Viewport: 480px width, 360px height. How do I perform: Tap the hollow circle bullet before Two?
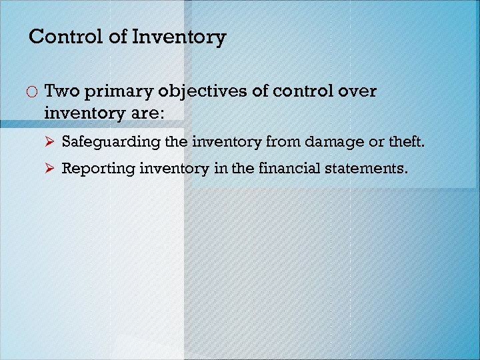click(32, 92)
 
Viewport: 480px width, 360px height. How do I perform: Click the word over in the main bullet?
click(356, 91)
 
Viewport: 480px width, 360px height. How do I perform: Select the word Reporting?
click(99, 169)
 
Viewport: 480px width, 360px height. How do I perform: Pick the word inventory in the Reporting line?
click(174, 169)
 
